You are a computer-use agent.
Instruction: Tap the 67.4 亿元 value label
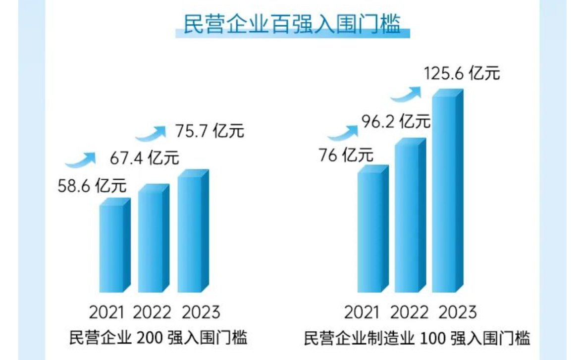coord(144,158)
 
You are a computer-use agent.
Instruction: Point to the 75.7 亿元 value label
coord(210,132)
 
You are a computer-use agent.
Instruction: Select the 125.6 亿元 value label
coord(462,74)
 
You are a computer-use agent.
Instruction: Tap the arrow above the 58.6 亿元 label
coord(81,159)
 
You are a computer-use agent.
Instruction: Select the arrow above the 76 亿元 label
coord(342,131)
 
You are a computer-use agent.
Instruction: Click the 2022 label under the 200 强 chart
coord(152,312)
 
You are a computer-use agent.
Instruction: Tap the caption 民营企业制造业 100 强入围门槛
coord(417,339)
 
